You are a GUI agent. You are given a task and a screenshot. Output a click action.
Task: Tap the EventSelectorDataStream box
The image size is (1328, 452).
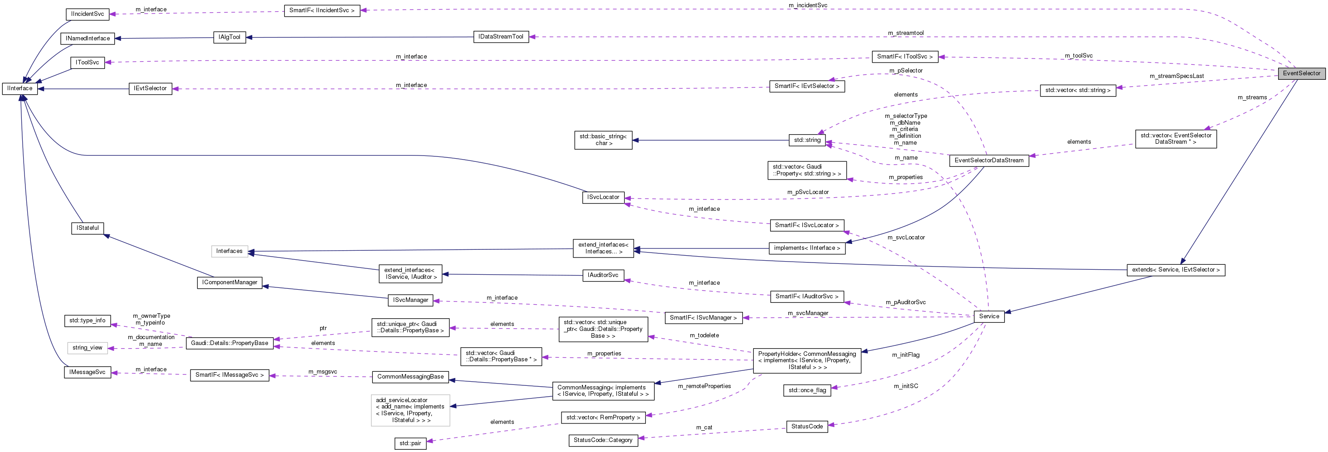(x=988, y=161)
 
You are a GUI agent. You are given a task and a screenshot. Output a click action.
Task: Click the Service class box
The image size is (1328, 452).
(x=988, y=316)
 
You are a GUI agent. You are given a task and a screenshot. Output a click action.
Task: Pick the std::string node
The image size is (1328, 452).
(x=807, y=140)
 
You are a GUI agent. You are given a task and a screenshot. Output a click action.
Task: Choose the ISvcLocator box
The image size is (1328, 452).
(x=603, y=197)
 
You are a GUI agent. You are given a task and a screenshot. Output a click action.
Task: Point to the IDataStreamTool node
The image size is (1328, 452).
(x=501, y=37)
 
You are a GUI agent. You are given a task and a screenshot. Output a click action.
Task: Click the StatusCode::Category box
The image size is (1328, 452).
(x=603, y=441)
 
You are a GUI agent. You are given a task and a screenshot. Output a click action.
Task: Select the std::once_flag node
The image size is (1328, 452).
(x=807, y=391)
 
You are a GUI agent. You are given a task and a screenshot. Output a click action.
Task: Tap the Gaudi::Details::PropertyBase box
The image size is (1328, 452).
(x=229, y=343)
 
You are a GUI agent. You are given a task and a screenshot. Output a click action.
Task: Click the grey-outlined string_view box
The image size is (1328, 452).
(x=87, y=348)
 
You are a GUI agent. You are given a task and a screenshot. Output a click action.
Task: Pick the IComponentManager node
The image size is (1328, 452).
(x=229, y=282)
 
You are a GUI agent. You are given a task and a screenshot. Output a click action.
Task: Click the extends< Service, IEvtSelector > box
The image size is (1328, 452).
(x=1176, y=270)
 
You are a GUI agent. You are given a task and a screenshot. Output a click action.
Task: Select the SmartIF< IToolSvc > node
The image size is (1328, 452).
(x=904, y=57)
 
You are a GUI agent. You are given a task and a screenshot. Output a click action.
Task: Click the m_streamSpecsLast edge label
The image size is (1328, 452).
(x=1176, y=76)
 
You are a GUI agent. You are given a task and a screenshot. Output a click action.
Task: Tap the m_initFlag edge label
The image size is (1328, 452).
(x=905, y=355)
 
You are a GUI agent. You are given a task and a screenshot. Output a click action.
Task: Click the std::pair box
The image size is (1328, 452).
(x=410, y=443)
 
